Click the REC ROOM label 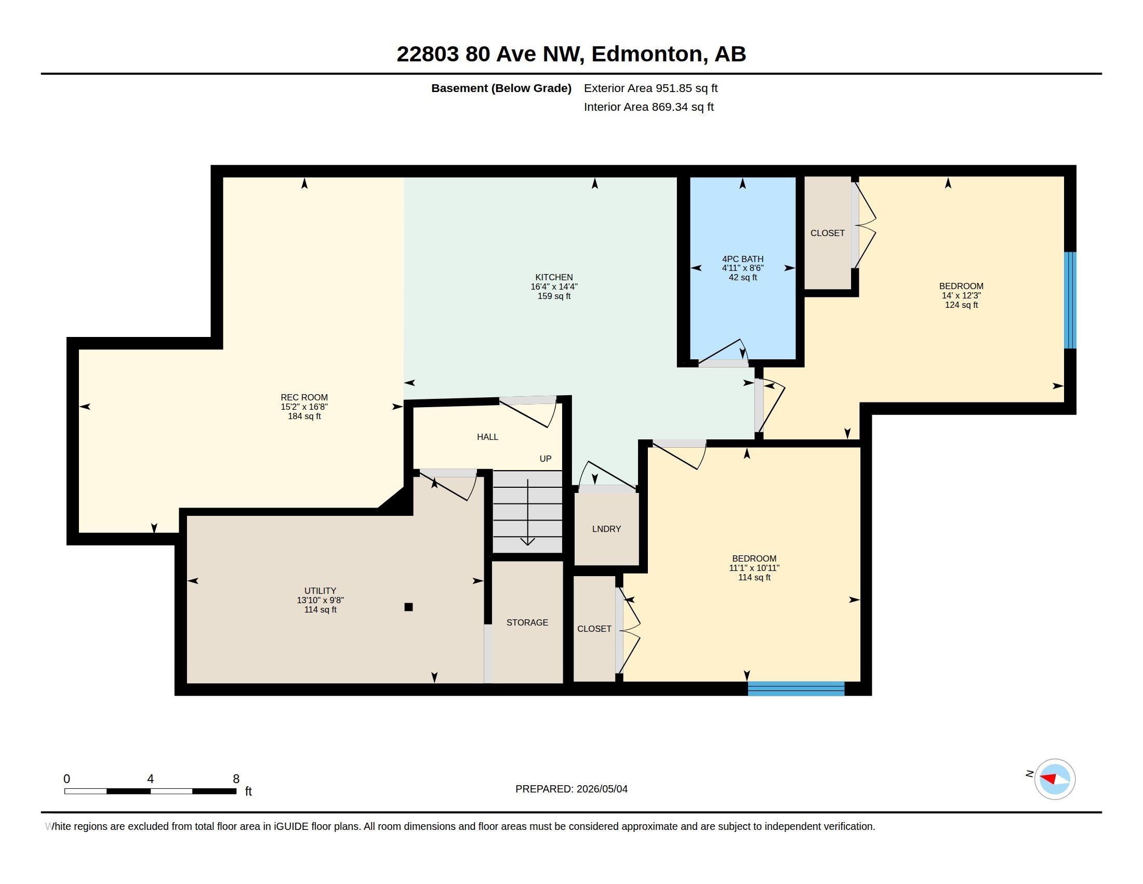(304, 397)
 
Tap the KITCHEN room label (554, 278)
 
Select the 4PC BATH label (742, 259)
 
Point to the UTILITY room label (320, 591)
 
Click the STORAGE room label (527, 622)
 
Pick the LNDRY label (606, 529)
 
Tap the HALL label (487, 437)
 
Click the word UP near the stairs (546, 459)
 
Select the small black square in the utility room (409, 607)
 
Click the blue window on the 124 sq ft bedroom (1070, 300)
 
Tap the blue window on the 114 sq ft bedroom (796, 688)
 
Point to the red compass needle (1048, 778)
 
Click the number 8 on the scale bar (236, 779)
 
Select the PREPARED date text (571, 789)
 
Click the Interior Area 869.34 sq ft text (648, 107)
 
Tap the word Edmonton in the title (646, 54)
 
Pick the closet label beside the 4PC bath (828, 233)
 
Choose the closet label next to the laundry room (594, 629)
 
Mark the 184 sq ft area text (304, 417)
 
